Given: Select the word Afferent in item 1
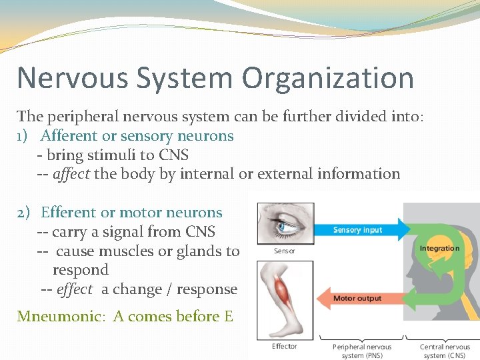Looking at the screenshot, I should (69, 136).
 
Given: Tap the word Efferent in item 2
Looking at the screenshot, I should (69, 213).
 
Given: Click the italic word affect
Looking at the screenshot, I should (71, 174).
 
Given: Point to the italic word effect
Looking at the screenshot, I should (75, 289).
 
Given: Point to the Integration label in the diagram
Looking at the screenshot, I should (439, 249).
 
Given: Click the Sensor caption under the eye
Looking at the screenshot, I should (285, 251).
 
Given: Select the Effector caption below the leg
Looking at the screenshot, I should (285, 346).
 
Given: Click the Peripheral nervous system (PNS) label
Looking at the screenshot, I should (362, 351).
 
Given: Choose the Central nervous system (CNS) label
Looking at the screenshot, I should (445, 351).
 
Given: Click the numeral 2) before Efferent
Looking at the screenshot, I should (23, 213).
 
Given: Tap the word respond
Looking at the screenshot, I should (81, 270).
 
